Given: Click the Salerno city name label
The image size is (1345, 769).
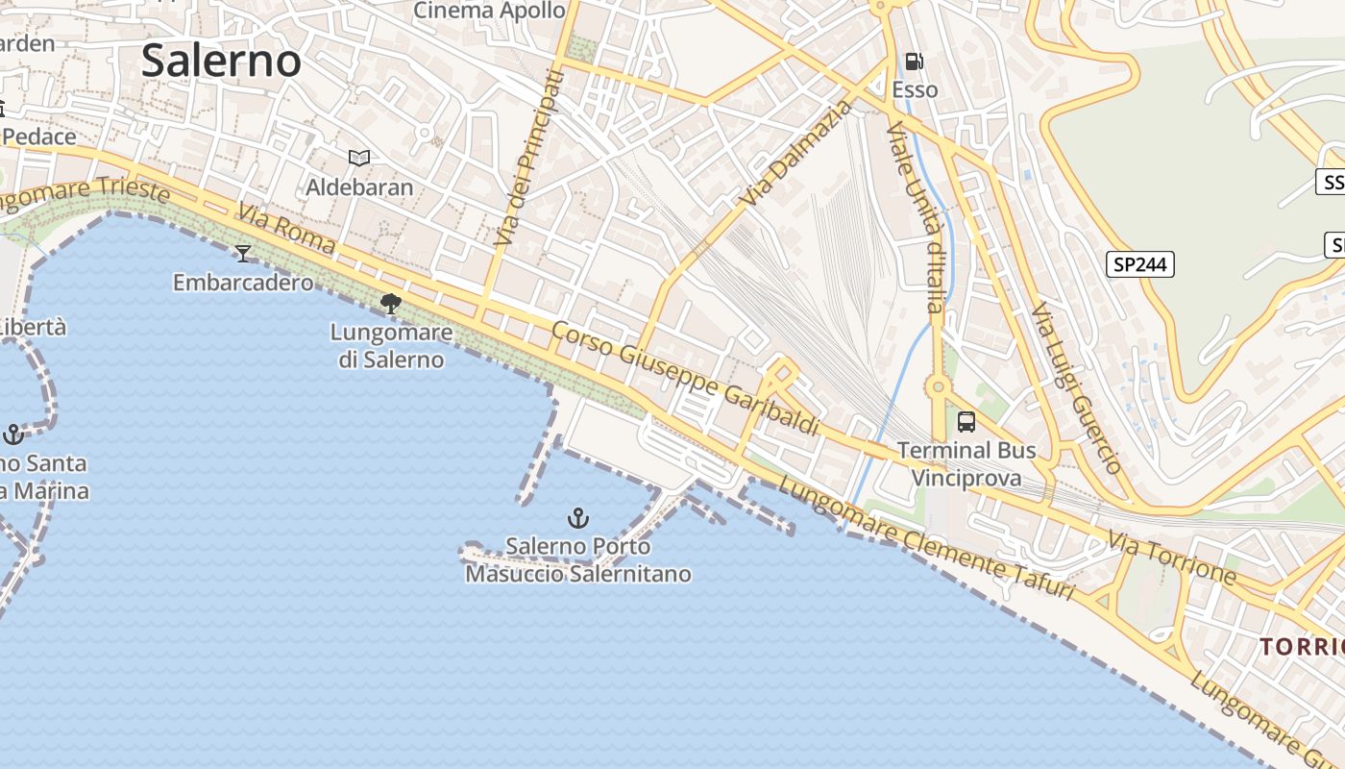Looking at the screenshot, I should pos(221,61).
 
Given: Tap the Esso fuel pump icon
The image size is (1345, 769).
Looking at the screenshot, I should pos(914,62).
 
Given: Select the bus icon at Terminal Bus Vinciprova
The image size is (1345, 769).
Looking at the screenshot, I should pos(966,422).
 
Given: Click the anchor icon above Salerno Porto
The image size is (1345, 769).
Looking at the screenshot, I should pos(577,519).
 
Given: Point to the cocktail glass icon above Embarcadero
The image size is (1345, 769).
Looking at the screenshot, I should pos(243,254).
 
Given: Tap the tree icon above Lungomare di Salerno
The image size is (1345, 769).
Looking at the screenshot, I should pos(390,305).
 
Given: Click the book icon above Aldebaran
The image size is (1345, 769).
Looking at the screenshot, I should pos(359,158).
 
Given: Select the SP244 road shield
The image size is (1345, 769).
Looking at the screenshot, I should pos(1140,264).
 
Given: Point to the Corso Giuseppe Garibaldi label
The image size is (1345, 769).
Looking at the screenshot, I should pos(686,378).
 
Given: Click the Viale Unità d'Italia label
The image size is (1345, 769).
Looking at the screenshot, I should pos(917,217).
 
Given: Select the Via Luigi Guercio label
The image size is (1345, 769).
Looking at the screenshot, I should pos(1076,388).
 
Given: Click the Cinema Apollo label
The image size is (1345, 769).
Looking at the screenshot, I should pos(489,11).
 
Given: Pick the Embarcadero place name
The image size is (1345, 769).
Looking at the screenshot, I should pos(243,283).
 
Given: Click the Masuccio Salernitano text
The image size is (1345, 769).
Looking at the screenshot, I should pos(578,575).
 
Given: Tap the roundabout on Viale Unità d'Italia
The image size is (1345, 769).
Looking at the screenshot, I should pos(937,388).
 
